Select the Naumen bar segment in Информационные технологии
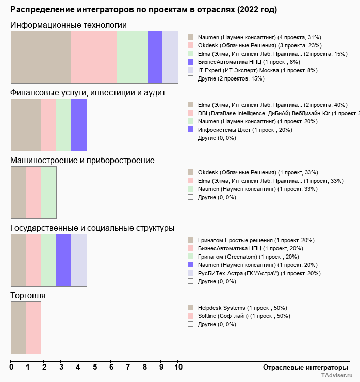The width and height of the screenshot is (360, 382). pos(41,57)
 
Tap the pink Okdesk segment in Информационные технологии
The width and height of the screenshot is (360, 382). pos(94,57)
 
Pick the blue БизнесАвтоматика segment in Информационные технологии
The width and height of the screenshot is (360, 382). pos(155,57)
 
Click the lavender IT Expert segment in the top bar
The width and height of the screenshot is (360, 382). pos(170,57)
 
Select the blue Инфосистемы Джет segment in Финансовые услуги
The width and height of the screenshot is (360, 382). pos(79,124)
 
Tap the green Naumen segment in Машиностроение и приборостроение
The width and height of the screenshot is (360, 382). pos(48,192)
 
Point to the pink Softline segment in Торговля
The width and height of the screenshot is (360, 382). pos(33,327)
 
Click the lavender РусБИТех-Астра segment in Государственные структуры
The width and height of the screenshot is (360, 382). pos(79,260)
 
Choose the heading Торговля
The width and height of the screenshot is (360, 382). pos(28,295)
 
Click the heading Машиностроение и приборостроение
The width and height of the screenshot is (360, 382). pos(82,160)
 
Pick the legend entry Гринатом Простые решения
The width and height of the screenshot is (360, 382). pos(256,240)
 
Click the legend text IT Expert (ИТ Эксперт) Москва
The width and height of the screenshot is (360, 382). pos(257,70)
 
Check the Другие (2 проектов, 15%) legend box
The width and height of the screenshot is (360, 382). pos(190,78)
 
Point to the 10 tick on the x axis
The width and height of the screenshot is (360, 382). pos(178,368)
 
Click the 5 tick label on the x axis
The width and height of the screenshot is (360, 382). pos(95,368)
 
